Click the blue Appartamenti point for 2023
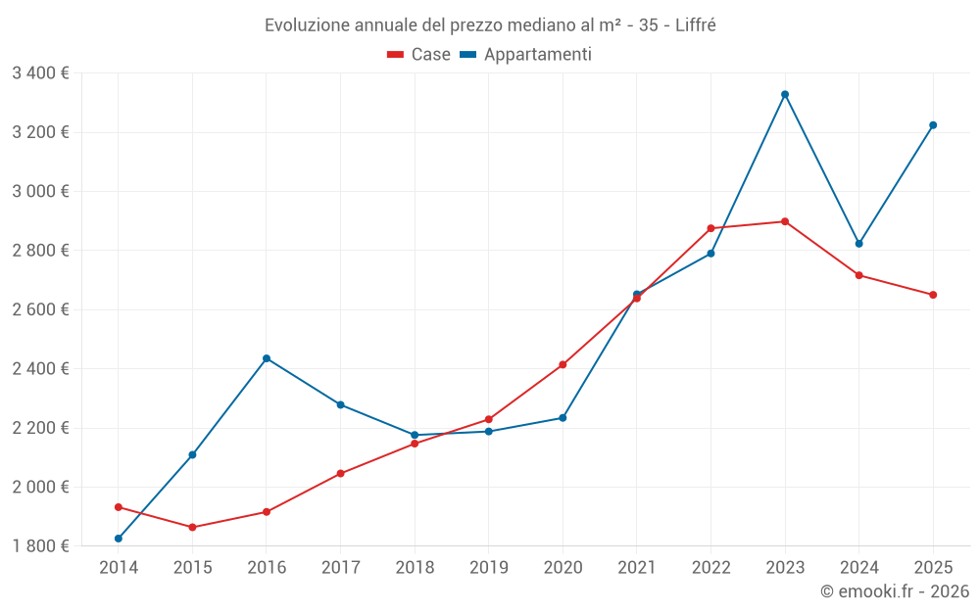[785, 94]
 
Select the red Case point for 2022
[710, 228]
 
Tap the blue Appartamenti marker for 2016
[267, 358]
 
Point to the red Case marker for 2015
[192, 527]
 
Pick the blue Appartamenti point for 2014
[119, 539]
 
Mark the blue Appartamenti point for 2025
[933, 125]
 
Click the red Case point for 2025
[933, 295]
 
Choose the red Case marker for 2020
[563, 364]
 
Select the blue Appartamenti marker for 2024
[859, 244]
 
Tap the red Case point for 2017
[340, 473]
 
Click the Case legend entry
[419, 55]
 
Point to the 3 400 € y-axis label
[40, 72]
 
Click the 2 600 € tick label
[40, 309]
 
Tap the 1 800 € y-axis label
[40, 546]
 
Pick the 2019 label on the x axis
[488, 567]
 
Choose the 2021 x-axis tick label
[637, 567]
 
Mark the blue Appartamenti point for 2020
[563, 418]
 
